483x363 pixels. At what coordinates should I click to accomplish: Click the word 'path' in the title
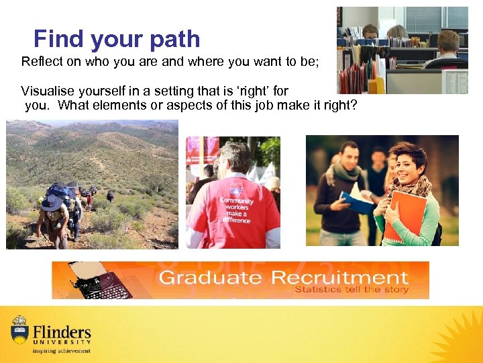click(x=176, y=39)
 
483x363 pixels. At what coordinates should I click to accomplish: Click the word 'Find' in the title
click(x=57, y=39)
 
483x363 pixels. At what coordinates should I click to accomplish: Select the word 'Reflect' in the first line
click(x=42, y=62)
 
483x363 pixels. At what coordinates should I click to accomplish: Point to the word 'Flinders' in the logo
click(x=61, y=331)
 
